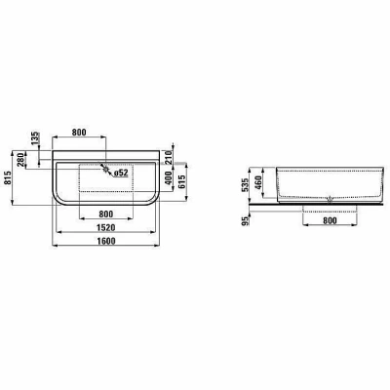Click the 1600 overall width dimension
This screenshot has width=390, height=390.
tap(106, 241)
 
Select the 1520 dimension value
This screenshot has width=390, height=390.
tap(106, 227)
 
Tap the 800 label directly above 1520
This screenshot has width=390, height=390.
tap(106, 214)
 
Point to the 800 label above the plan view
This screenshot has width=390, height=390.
tap(79, 133)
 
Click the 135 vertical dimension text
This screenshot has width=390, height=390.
tap(35, 137)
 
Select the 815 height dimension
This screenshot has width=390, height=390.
tap(8, 178)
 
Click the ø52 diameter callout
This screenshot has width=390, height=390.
tap(121, 174)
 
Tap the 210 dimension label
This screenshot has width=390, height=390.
tap(169, 157)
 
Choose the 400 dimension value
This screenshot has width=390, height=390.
tap(169, 178)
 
